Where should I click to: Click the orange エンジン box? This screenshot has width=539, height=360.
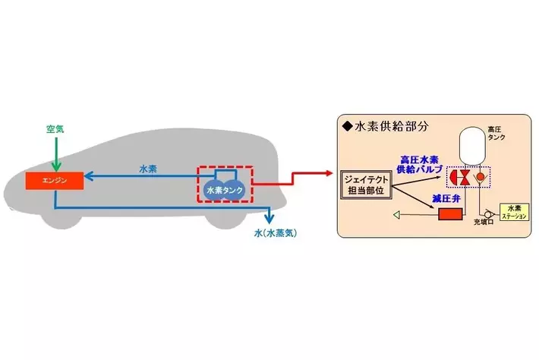tap(54, 182)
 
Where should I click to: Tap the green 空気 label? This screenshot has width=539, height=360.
tap(53, 131)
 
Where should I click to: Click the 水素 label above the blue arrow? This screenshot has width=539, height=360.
tap(148, 169)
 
